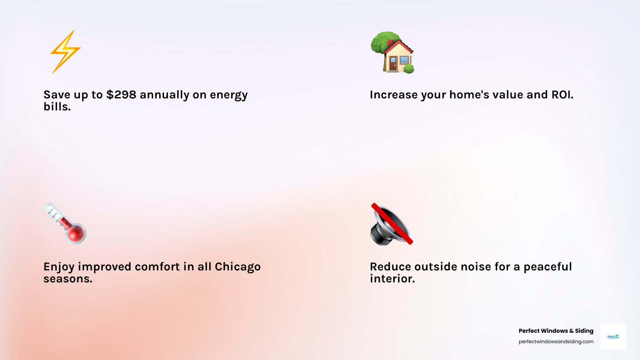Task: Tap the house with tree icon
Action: pos(392,53)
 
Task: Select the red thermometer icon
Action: pos(66,223)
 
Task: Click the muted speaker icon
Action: pos(391,224)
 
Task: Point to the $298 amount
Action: pos(121,95)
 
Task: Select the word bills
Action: pos(57,107)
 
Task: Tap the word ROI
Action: pos(562,95)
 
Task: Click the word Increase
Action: pos(394,95)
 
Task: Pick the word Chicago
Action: pos(238,267)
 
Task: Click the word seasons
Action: pos(68,279)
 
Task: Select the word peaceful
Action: pos(548,267)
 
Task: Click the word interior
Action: pos(392,279)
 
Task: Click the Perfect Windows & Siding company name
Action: pos(556,331)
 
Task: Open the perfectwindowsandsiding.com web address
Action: pos(556,342)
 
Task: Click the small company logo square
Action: pos(613,337)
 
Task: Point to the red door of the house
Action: pos(393,64)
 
